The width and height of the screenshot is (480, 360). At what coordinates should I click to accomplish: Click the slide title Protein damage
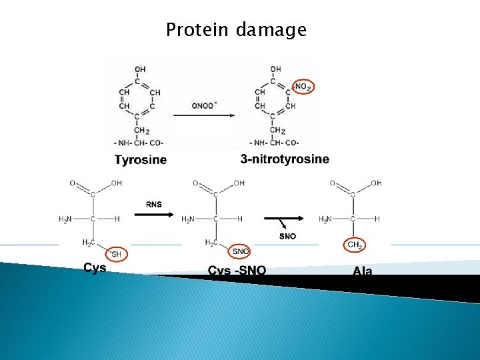tap(236, 30)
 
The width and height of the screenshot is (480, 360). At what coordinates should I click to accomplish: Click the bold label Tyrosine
tap(141, 159)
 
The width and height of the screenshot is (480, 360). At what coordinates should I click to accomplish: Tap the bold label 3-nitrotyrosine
tap(285, 159)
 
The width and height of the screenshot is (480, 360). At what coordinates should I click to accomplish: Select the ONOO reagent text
tap(203, 105)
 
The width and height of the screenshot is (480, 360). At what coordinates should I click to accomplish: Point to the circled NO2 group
tap(302, 87)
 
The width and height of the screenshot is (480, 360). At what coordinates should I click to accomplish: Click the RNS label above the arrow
tap(153, 205)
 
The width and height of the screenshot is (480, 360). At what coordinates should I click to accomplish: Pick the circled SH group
tap(116, 253)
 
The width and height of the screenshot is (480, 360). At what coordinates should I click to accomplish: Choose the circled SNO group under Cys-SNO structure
tap(240, 251)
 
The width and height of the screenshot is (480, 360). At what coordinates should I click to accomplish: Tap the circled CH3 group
tap(355, 245)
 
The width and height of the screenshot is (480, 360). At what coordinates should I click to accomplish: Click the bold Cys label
tap(95, 268)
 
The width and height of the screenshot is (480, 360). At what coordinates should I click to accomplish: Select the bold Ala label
tap(363, 271)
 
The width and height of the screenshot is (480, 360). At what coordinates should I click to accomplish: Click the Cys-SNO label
tap(237, 271)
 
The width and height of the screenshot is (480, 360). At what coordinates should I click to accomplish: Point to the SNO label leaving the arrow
tap(287, 236)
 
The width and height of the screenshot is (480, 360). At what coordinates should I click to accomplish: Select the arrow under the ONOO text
tap(203, 115)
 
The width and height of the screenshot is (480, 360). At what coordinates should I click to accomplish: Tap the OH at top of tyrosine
tap(140, 69)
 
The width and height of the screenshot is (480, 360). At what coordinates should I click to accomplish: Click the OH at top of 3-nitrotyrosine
tap(275, 69)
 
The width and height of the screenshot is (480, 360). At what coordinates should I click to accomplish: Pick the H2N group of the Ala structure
tap(325, 219)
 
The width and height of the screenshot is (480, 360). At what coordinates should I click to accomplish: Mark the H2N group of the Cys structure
tap(65, 219)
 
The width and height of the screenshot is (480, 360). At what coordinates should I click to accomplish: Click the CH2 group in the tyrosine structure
tap(141, 131)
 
